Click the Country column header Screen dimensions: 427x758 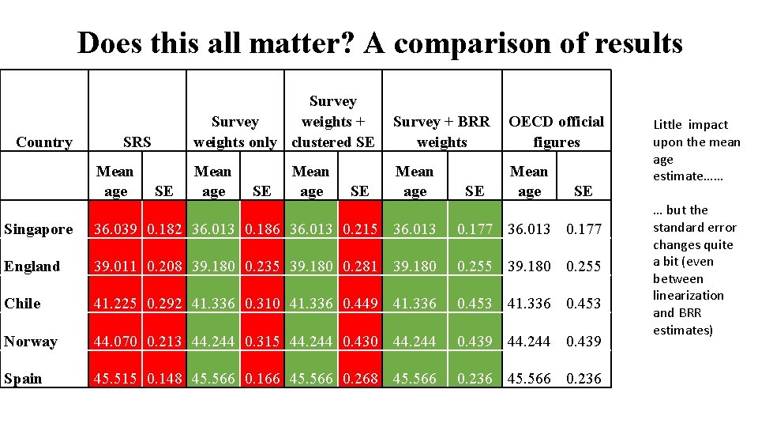[x=44, y=142]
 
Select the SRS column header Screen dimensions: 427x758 [x=137, y=142]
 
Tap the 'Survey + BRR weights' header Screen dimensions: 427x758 [x=441, y=131]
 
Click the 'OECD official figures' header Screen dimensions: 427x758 [x=556, y=131]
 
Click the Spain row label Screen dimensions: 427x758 [x=23, y=379]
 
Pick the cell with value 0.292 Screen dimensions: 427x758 [x=164, y=304]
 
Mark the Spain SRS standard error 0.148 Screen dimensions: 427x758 [x=164, y=379]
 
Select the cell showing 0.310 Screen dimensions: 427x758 [x=262, y=304]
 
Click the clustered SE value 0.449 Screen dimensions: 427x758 [x=360, y=304]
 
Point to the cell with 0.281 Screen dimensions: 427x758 [x=360, y=266]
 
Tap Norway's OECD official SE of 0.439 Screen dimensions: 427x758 [x=584, y=342]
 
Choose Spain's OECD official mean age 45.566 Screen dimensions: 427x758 [x=529, y=379]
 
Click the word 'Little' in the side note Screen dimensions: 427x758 [x=668, y=125]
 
